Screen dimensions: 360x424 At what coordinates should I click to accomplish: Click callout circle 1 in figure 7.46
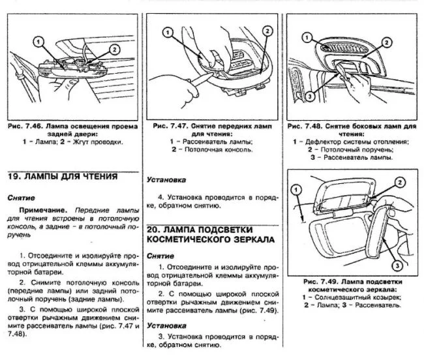pos(39,41)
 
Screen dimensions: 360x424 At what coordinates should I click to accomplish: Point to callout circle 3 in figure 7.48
pos(310,96)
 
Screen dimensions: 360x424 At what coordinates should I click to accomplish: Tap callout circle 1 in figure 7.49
pos(297,190)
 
